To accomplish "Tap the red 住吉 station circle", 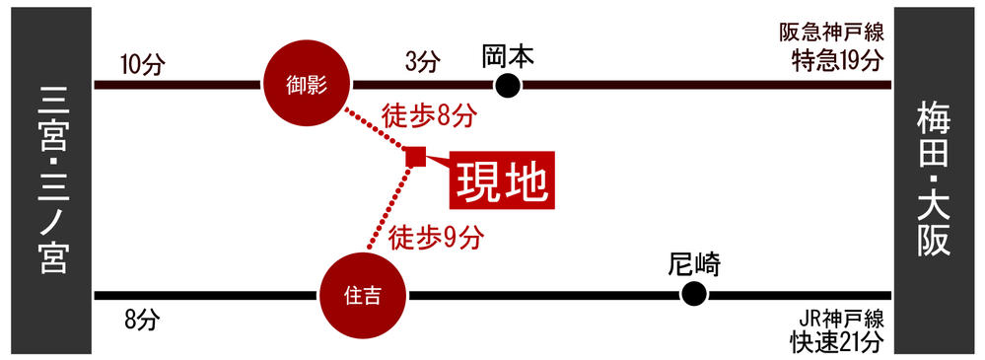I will click(364, 295).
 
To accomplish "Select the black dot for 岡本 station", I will click(508, 86).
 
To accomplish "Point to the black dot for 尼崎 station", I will click(694, 294).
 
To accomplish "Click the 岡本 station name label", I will click(508, 55).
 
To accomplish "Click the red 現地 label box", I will click(502, 180).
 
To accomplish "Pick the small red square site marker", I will click(415, 156).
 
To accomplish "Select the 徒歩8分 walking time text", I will click(430, 116).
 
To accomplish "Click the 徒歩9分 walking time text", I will click(437, 237).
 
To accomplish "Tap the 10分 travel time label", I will click(139, 65).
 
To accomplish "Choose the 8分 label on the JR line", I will click(141, 320).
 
